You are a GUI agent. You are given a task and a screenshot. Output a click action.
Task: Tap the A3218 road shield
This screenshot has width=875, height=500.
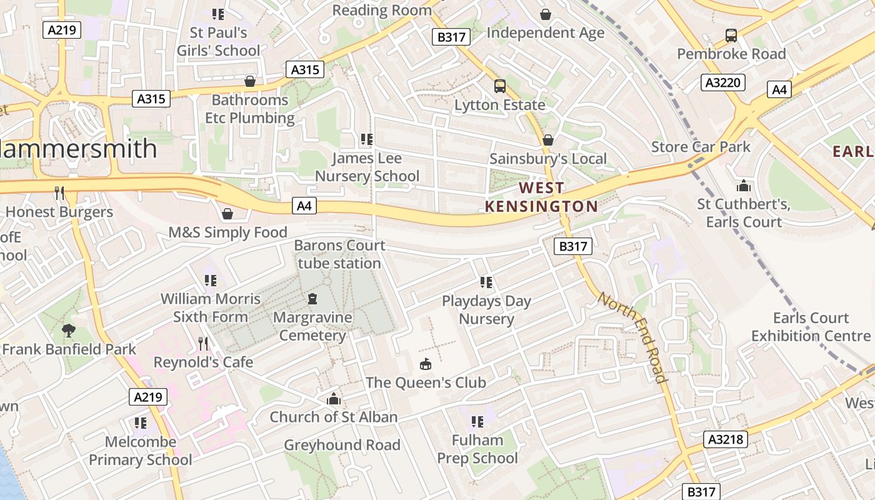(726, 439)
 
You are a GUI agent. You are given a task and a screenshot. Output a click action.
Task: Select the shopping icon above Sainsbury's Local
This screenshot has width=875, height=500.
(548, 140)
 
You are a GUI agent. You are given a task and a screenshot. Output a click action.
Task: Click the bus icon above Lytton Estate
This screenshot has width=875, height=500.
(499, 86)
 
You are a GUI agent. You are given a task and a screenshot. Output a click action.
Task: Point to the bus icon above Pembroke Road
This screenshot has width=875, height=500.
(731, 36)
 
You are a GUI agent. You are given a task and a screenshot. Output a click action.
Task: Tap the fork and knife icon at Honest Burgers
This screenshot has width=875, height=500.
(59, 193)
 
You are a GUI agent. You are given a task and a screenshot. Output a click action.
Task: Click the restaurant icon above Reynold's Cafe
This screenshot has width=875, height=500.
(203, 343)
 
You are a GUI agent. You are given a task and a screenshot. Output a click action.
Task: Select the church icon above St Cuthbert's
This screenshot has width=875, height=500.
(743, 186)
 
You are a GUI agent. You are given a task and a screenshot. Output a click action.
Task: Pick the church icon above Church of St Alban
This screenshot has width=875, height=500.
(334, 399)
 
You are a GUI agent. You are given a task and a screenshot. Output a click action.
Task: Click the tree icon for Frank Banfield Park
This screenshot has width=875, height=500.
(69, 331)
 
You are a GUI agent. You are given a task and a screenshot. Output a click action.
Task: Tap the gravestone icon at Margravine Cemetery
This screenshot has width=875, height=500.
(312, 299)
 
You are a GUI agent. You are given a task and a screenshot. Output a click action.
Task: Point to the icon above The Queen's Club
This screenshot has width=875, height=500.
(426, 364)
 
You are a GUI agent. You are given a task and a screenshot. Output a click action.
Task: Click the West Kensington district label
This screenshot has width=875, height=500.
(541, 197)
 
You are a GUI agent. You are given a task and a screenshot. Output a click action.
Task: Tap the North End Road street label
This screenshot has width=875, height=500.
(632, 336)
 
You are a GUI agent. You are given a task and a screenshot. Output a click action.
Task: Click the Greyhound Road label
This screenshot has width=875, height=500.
(342, 445)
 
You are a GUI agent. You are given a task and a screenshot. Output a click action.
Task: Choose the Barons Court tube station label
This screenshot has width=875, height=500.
(339, 254)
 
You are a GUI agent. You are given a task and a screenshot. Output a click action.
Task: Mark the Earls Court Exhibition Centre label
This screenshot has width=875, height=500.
(811, 327)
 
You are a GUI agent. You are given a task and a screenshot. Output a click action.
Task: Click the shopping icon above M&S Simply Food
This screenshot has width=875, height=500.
(227, 214)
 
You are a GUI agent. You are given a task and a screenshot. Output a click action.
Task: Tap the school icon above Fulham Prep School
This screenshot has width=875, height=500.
(477, 422)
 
